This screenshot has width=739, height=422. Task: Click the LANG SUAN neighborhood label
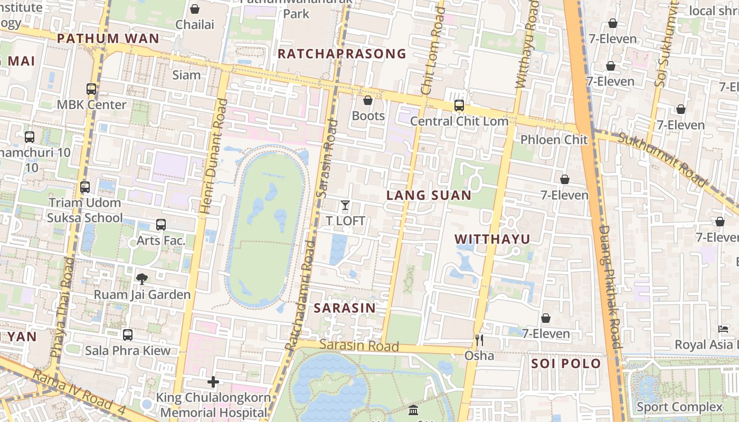coord(429,196)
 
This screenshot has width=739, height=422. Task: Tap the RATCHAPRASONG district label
coord(342,54)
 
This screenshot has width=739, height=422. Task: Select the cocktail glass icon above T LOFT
coord(345,205)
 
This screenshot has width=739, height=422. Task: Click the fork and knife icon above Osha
coord(479,340)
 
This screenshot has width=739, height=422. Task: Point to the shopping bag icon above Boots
coord(368,100)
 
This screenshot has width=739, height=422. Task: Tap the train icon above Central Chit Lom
coord(459,105)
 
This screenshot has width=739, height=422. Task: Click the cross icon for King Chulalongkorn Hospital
coord(213,382)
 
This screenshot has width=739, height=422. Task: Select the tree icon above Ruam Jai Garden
coord(141,279)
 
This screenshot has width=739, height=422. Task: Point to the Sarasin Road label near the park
coord(359,346)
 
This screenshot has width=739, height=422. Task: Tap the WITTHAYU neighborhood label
coord(492,239)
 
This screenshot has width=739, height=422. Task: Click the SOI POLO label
coord(566,363)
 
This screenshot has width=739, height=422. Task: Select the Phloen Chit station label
coord(554,140)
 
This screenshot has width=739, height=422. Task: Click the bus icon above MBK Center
coord(91,89)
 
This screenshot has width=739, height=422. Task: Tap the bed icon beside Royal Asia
coord(723,330)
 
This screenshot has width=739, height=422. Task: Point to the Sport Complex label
coord(679,407)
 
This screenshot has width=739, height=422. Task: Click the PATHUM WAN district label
coord(108,39)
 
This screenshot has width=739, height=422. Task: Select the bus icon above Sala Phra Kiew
coord(128,335)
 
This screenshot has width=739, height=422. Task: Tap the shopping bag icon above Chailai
coord(195,9)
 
